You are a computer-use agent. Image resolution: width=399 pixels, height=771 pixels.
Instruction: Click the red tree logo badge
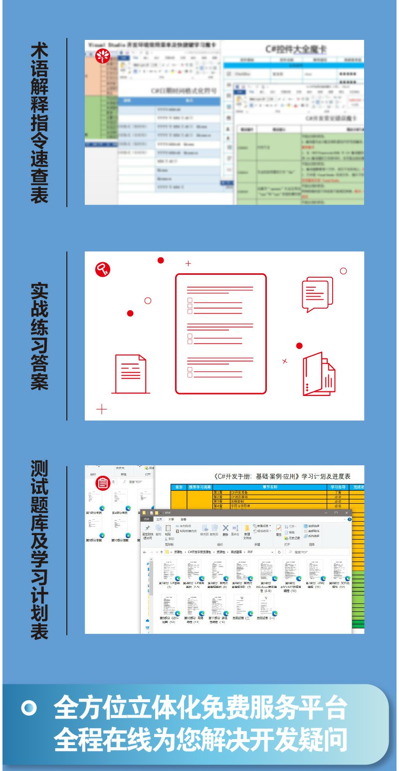102,55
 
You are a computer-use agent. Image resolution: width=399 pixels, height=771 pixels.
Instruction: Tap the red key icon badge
103,269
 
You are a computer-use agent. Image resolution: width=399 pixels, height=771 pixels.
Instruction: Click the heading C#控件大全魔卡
296,49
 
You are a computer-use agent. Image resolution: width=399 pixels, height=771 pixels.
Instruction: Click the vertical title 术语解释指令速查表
39,122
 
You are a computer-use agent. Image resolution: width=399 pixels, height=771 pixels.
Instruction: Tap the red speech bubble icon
317,294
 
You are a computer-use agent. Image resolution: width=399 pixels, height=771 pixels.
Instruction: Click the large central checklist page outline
220,333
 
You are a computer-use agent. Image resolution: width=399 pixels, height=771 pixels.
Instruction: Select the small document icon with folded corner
131,374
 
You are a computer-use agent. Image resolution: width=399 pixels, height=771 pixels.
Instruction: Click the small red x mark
285,361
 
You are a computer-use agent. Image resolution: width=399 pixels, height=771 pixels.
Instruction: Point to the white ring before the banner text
29,709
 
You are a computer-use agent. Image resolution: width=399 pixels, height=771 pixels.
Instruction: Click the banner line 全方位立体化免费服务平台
200,708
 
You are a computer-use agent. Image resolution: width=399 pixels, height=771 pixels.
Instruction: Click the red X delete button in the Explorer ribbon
225,529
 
